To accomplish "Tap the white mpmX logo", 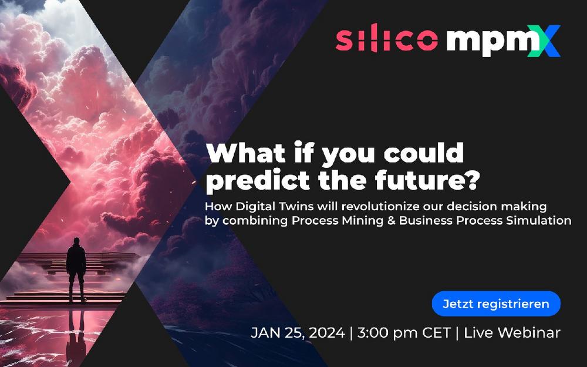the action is [x=503, y=41].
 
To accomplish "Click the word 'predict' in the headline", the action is [x=258, y=181].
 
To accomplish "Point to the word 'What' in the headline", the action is [x=247, y=153].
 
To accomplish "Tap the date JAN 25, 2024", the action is [x=298, y=332].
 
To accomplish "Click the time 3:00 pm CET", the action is [x=404, y=332].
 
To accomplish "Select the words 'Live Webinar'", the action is [x=512, y=332].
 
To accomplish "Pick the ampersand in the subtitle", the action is [x=391, y=220].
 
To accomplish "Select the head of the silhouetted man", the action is [x=76, y=241].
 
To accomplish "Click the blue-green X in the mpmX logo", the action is [x=544, y=41].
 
